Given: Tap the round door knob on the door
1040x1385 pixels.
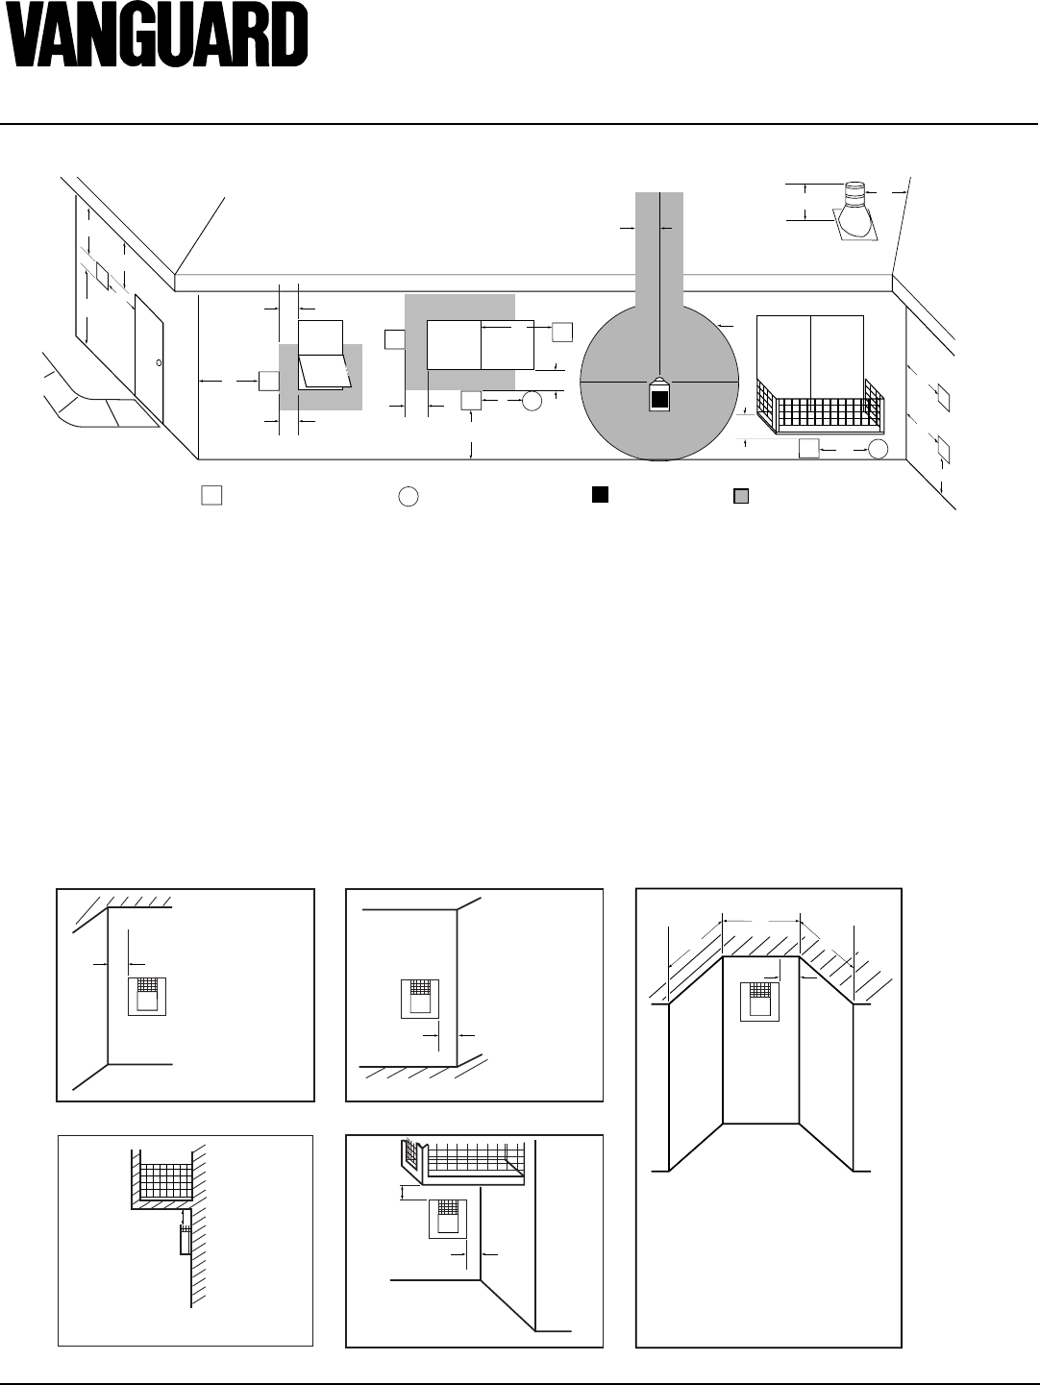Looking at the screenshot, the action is click(x=159, y=362).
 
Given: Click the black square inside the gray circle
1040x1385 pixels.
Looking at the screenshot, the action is click(x=658, y=400).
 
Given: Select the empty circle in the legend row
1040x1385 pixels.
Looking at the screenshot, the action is click(x=409, y=497).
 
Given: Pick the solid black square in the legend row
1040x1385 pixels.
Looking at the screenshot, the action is click(x=600, y=495).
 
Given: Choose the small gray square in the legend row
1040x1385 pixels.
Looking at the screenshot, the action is click(x=741, y=496).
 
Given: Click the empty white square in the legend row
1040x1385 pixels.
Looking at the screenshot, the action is click(x=211, y=495).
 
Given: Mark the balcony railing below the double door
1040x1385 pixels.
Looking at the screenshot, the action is click(x=821, y=407).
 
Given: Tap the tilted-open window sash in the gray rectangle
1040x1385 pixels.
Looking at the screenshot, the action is click(x=325, y=371).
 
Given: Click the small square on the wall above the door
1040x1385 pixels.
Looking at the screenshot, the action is click(x=102, y=277).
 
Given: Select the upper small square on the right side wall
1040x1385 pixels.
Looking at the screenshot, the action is click(x=944, y=398).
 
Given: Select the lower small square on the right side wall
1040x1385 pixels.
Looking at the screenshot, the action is click(x=944, y=449).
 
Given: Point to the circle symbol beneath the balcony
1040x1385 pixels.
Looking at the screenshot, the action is click(x=878, y=449).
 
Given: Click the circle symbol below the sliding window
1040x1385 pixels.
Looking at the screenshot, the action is click(x=532, y=401).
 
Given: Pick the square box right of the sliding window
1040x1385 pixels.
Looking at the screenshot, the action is click(x=562, y=332).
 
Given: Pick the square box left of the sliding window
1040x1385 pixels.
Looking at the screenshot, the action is click(x=395, y=339).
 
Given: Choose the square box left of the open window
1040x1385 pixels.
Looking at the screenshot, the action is click(x=269, y=382).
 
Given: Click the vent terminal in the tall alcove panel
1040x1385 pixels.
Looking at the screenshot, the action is click(x=759, y=1002).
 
